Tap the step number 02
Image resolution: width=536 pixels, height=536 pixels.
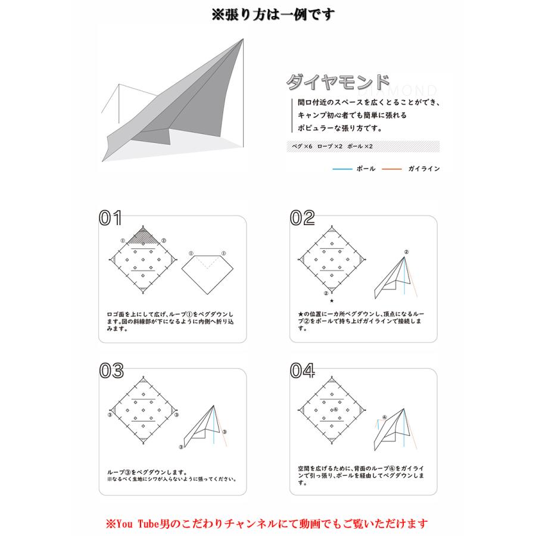[x=302, y=218]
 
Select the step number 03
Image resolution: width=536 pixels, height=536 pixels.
[x=111, y=370]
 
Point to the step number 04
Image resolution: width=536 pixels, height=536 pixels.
[x=302, y=370]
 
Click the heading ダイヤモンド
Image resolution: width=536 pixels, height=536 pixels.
[x=338, y=82]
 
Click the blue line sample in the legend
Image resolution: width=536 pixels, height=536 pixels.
[x=342, y=169]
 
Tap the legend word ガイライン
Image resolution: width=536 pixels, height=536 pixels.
[x=424, y=169]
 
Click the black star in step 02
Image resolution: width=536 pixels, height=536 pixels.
[x=332, y=301]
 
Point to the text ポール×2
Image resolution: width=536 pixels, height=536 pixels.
[x=360, y=146]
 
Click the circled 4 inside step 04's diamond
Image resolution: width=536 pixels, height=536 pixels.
[x=336, y=410]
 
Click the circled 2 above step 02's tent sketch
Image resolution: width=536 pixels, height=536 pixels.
[x=406, y=252]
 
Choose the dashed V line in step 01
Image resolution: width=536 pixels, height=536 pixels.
[x=206, y=263]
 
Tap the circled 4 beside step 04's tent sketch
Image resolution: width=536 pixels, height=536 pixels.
[x=384, y=417]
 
